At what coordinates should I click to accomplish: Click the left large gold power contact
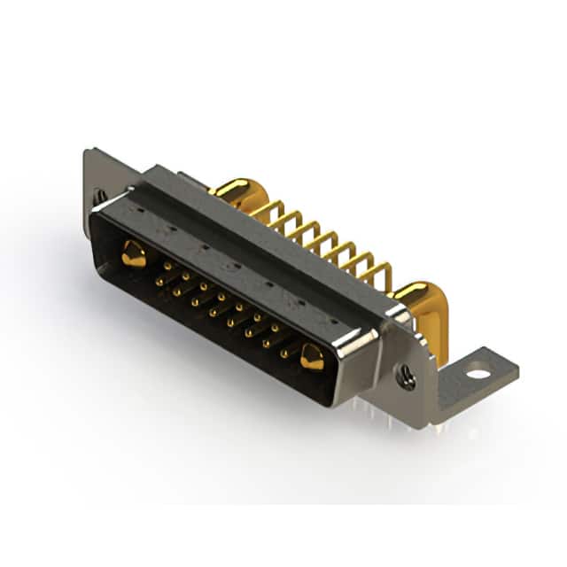click(x=134, y=254)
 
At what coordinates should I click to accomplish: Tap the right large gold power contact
click(x=311, y=357)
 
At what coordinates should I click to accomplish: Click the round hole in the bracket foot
click(x=478, y=373)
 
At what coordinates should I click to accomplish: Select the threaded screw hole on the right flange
click(x=407, y=378)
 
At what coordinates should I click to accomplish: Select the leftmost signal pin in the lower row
click(x=159, y=282)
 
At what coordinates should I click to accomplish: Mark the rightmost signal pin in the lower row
click(x=283, y=353)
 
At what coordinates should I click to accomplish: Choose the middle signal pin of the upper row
click(x=221, y=296)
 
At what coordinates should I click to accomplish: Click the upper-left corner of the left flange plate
click(x=87, y=152)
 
